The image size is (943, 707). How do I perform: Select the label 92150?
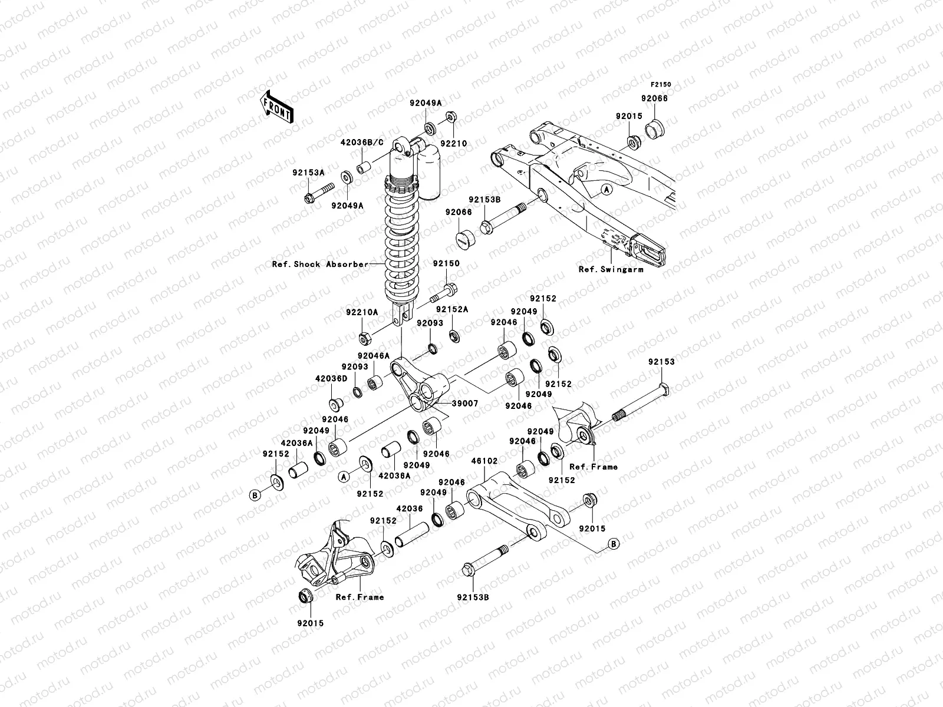tap(447, 264)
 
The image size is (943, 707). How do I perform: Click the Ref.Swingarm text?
tap(611, 269)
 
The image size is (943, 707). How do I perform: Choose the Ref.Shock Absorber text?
tap(320, 264)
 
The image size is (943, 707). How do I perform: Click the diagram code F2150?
tap(661, 85)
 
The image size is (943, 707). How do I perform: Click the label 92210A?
tap(363, 312)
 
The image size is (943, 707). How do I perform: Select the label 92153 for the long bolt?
tap(661, 362)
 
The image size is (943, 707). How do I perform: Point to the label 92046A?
tap(373, 356)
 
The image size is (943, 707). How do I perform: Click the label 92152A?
tap(452, 309)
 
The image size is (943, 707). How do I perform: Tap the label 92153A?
tap(308, 173)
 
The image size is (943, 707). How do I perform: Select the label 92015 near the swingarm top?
tap(629, 117)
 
